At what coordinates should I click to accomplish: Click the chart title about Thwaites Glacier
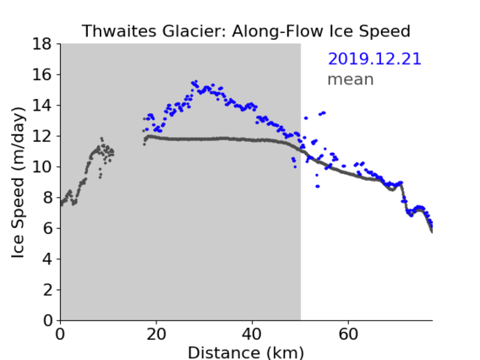pos(246,31)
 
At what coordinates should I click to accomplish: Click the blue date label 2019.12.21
pos(374,59)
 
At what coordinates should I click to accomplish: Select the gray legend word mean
pos(351,79)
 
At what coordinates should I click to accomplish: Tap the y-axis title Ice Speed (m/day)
pos(18,183)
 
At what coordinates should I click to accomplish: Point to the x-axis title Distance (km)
pos(246,352)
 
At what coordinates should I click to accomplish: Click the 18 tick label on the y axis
pos(42,44)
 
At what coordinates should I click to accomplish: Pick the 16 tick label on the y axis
pos(42,74)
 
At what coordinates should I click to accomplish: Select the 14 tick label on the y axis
pos(42,106)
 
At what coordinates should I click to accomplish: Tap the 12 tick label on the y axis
pos(42,136)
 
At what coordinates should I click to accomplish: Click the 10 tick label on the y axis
pos(42,166)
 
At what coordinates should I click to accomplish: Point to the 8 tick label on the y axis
pos(47,198)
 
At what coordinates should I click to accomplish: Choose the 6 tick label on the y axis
pos(47,228)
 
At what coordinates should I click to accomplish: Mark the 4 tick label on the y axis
pos(47,259)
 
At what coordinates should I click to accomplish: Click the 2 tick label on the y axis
pos(47,290)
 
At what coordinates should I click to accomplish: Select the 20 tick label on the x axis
pos(156,334)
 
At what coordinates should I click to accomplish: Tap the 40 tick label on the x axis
pos(252,334)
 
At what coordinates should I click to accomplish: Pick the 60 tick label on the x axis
pos(348,334)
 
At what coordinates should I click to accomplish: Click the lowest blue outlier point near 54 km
pos(318,186)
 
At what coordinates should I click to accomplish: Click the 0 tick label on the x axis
pos(60,334)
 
